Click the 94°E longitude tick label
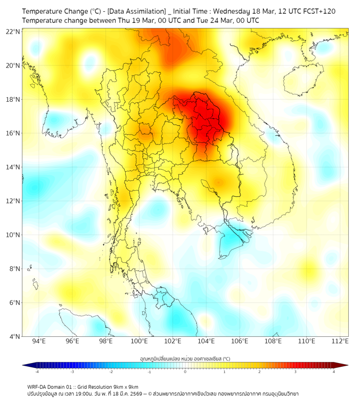coord(39,341)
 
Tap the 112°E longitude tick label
coord(340,341)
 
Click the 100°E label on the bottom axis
coord(139,341)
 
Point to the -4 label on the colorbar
coord(37,372)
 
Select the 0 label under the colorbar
coord(185,372)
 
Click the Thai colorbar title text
coord(185,359)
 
